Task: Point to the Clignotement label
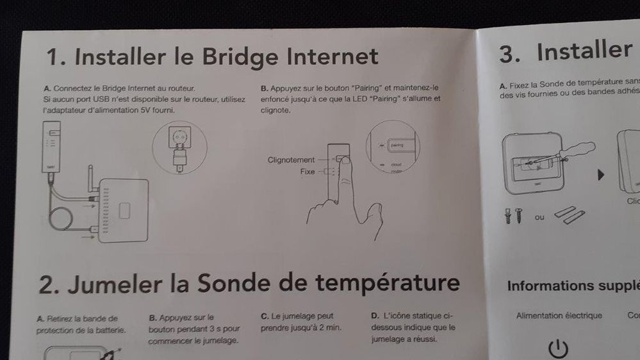(x=291, y=160)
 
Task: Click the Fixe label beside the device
(x=308, y=172)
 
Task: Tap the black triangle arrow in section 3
(x=601, y=175)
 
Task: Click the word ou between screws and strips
(x=539, y=218)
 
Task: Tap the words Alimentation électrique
(x=559, y=316)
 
